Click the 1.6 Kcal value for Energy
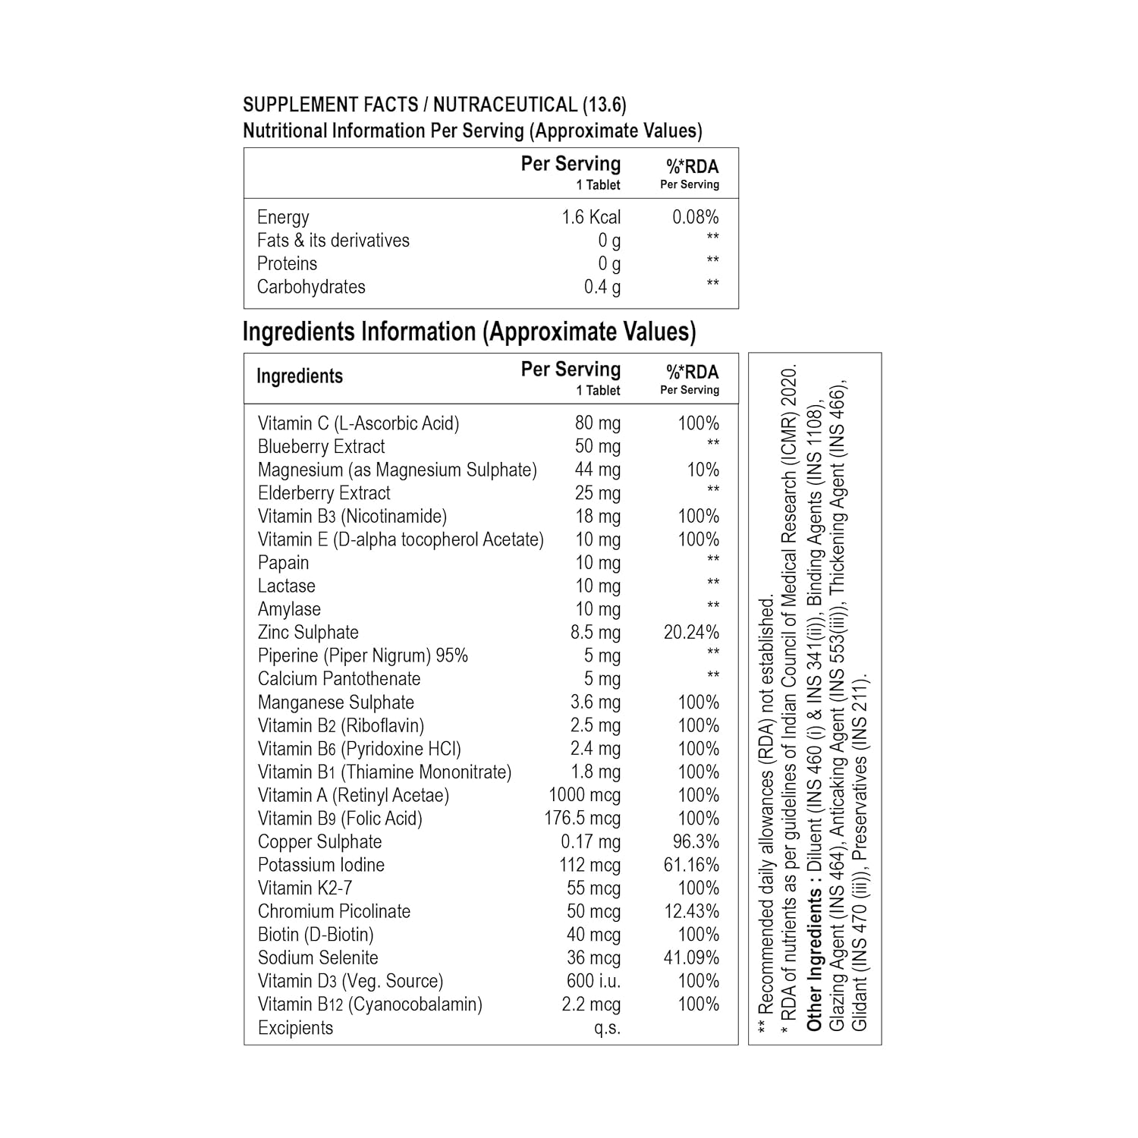590,218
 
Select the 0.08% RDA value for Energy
695,218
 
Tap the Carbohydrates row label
311,287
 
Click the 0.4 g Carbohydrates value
602,288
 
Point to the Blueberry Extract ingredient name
321,447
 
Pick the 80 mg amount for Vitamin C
597,423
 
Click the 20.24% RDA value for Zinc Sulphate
691,633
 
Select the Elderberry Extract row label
324,493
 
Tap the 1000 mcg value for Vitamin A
584,795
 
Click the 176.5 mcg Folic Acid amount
582,819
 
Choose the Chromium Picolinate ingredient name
334,911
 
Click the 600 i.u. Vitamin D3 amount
593,981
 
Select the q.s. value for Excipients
607,1028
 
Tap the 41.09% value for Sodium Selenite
691,958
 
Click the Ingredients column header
300,376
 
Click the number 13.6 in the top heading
604,105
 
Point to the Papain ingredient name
283,563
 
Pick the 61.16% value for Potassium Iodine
691,865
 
